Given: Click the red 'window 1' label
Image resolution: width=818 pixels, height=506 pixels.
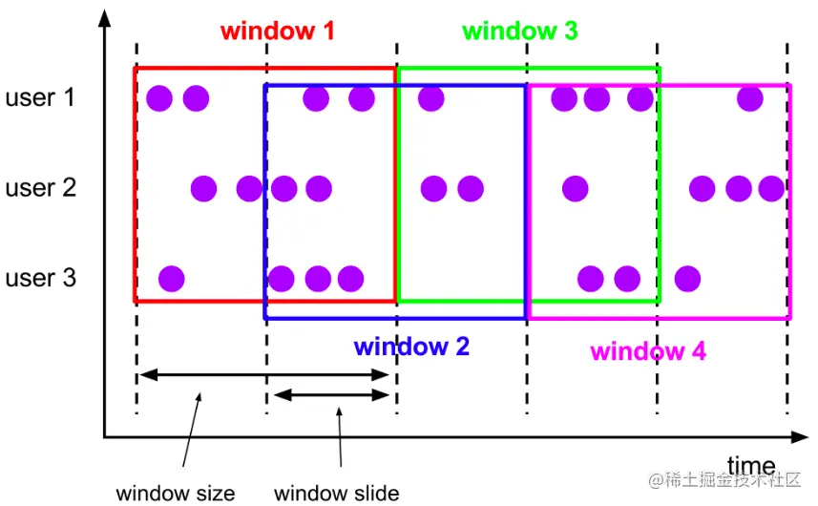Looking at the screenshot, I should [277, 31].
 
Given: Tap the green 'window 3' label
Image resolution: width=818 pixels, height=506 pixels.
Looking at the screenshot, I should [519, 31].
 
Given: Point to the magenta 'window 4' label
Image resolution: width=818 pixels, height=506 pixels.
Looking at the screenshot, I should [648, 350].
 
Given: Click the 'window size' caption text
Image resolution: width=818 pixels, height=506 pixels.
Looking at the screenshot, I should [175, 494].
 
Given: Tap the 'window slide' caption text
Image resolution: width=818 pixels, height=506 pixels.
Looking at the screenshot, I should [336, 494].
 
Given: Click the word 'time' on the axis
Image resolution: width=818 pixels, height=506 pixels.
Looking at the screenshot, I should [750, 466].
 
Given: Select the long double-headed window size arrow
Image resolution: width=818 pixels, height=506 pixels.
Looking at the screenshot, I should [263, 375].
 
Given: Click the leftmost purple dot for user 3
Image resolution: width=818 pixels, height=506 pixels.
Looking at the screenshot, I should [171, 279].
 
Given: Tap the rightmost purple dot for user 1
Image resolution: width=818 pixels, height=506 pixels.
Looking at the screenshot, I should [750, 97].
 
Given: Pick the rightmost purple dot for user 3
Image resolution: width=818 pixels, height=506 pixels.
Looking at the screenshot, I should [685, 279].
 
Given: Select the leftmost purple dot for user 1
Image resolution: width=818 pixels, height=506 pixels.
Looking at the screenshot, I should [159, 97].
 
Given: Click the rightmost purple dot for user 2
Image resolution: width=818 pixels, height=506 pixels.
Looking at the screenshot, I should [770, 188].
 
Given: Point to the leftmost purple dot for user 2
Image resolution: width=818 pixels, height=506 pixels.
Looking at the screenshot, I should [203, 188].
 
